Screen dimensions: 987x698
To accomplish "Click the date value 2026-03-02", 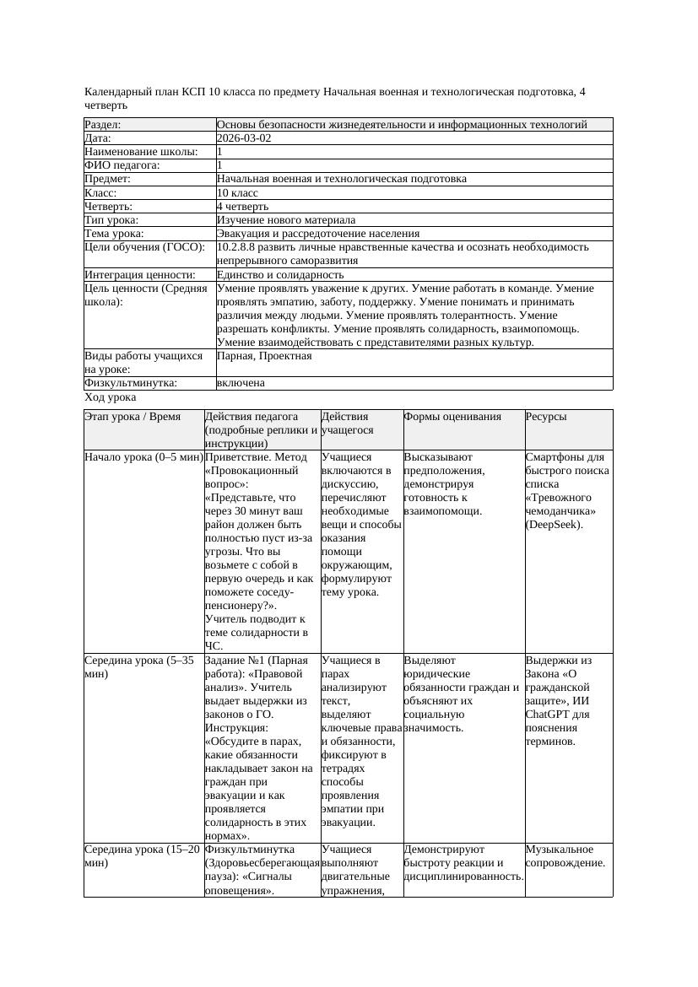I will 244,138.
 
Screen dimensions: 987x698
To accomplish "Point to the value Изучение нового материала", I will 285,219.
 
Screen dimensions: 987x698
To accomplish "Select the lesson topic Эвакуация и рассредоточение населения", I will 317,233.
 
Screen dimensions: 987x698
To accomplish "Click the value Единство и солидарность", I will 279,274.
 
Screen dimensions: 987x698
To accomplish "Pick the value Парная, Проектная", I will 264,356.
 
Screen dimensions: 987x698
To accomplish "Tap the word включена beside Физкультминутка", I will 241,383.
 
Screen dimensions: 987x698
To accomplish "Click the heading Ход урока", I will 111,396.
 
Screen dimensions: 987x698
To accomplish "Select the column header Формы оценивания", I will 452,417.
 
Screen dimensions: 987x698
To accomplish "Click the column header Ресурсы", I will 546,417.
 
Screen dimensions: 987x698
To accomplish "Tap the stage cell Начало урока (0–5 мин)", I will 143,457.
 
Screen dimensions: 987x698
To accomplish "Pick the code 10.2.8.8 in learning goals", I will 236,247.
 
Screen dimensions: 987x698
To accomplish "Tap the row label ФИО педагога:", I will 122,165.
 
